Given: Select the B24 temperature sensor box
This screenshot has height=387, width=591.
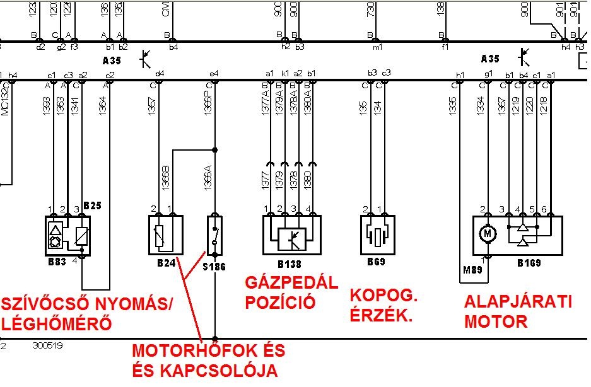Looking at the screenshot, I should pyautogui.click(x=165, y=234).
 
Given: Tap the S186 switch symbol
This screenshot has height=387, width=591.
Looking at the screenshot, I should pyautogui.click(x=216, y=234).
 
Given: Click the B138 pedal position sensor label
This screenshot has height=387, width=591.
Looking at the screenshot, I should pyautogui.click(x=291, y=263).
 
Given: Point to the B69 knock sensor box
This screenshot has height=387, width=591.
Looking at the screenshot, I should pyautogui.click(x=377, y=234).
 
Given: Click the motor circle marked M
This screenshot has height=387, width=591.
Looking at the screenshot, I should pyautogui.click(x=487, y=234).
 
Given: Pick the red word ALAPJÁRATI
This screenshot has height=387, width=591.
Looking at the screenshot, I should pyautogui.click(x=518, y=301).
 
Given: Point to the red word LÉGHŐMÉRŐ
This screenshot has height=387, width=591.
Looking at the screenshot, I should pyautogui.click(x=56, y=325).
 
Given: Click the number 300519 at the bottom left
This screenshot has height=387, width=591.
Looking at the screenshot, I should pyautogui.click(x=48, y=345).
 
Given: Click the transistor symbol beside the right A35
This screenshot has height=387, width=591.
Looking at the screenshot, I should pyautogui.click(x=523, y=57).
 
